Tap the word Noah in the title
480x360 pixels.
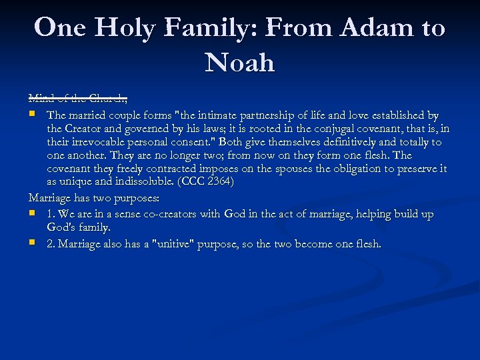pos(240,63)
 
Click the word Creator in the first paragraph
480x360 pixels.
pos(85,129)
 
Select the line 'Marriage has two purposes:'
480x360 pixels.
pos(93,199)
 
